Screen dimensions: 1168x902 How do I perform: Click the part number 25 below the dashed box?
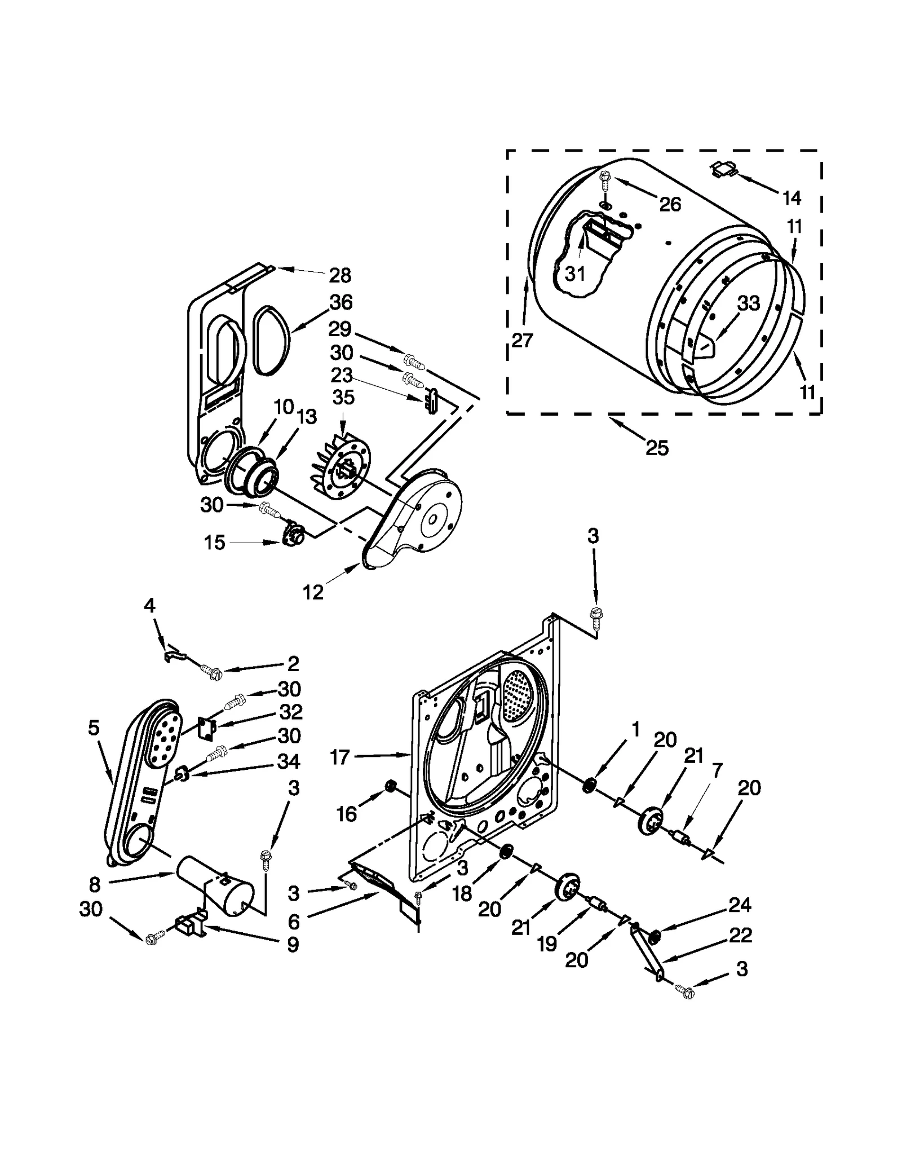657,448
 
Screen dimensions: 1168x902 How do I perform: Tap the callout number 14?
792,197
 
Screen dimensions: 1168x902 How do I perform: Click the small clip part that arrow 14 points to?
724,168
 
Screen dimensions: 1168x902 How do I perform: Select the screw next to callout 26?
605,179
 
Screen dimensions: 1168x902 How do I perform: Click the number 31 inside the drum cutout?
575,274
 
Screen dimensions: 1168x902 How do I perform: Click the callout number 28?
340,275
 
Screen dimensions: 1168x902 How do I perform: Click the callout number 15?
214,543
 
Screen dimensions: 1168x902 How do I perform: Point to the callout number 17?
340,757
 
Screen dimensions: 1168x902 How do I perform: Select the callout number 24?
740,905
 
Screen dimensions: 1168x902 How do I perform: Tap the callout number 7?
717,771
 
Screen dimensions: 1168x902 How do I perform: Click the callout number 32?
291,712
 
